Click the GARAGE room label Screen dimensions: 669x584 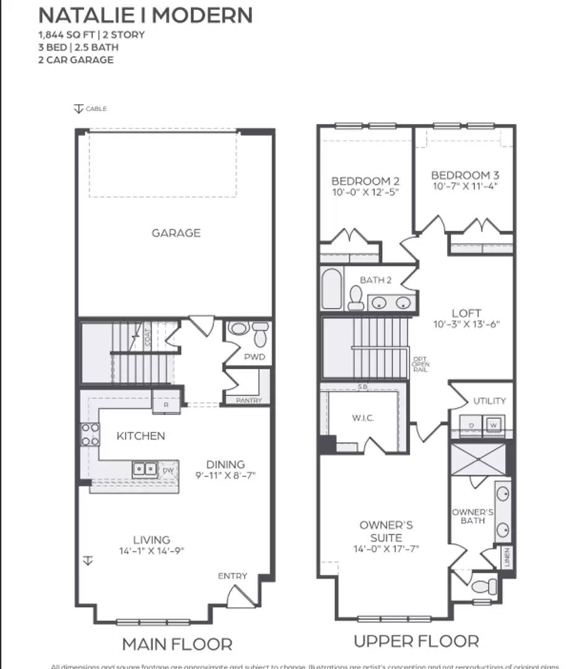[x=176, y=233]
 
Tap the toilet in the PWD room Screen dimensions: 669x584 [x=260, y=334]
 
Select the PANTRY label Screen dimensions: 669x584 [x=248, y=401]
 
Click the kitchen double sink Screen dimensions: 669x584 [x=145, y=470]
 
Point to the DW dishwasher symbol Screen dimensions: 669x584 [x=168, y=471]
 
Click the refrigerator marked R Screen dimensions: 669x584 [x=166, y=403]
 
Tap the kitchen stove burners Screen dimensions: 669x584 [x=90, y=434]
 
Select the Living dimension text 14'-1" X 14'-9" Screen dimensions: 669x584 [x=152, y=551]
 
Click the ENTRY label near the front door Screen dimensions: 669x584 [x=232, y=576]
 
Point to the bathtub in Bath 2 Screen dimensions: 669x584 [x=332, y=288]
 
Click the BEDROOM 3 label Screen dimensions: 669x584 [x=464, y=175]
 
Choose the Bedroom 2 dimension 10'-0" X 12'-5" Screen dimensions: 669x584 [x=365, y=192]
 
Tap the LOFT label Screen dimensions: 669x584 [x=466, y=313]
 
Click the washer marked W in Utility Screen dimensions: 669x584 [x=494, y=425]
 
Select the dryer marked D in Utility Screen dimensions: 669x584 [x=471, y=425]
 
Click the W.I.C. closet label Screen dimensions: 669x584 [x=362, y=418]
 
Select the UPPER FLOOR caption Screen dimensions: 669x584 [x=416, y=641]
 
